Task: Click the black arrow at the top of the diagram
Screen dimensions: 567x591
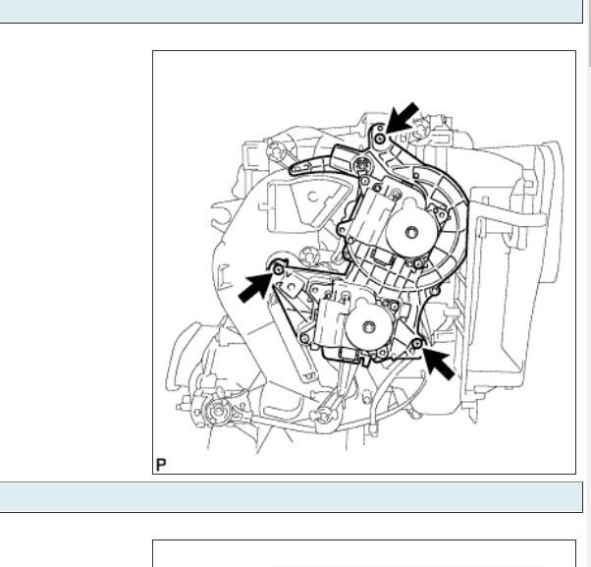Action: [x=401, y=116]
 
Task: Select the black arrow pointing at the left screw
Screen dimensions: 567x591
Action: [x=255, y=287]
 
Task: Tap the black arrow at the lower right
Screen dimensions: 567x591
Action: [x=439, y=363]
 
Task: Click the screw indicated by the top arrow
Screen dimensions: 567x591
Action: [x=380, y=139]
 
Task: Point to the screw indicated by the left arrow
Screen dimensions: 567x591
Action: [x=278, y=269]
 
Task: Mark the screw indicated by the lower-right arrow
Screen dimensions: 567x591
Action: [x=417, y=342]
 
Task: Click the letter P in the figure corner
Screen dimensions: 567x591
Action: [x=161, y=465]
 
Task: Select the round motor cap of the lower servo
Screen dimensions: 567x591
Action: [x=369, y=332]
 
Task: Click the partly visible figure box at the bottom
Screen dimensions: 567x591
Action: [x=363, y=553]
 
